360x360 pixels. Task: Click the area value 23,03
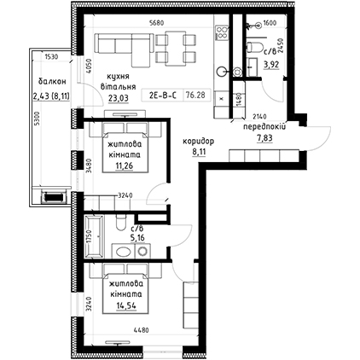(119, 98)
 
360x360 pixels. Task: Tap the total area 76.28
(195, 95)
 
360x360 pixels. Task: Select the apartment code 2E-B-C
(163, 96)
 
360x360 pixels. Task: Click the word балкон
(52, 82)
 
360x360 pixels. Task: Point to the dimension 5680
(157, 23)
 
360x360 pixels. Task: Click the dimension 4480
(141, 330)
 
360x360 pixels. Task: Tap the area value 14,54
(126, 305)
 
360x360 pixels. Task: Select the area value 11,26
(125, 165)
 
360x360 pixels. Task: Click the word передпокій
(264, 127)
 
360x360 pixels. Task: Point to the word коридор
(198, 141)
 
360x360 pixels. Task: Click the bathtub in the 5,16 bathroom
(94, 236)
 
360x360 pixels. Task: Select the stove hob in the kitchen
(222, 32)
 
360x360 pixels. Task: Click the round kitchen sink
(222, 72)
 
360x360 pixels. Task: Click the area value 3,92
(271, 65)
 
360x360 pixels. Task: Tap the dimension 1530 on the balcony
(51, 57)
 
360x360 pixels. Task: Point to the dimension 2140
(259, 116)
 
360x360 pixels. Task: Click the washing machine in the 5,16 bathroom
(142, 251)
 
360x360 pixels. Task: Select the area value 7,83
(264, 138)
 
